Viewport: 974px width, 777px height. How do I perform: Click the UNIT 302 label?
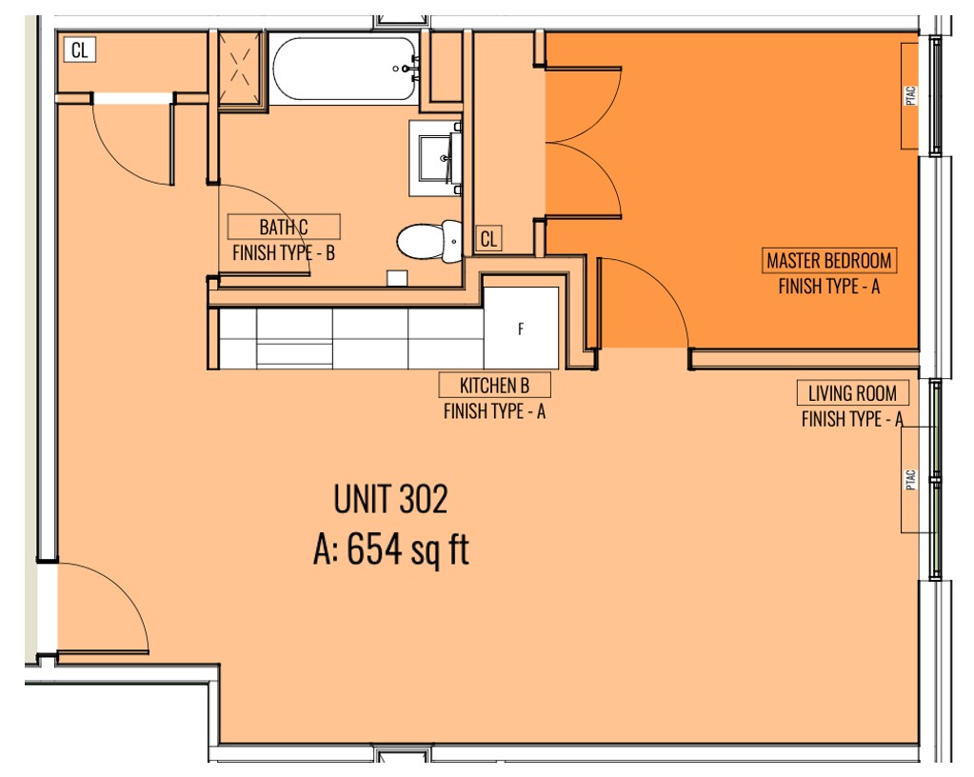click(x=390, y=499)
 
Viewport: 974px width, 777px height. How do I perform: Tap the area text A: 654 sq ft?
click(x=390, y=549)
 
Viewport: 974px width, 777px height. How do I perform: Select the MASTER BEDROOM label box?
click(x=829, y=260)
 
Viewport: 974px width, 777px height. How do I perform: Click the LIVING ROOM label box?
click(x=852, y=393)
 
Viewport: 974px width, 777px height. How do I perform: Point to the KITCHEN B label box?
click(x=494, y=385)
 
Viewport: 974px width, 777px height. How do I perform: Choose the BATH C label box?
click(x=284, y=227)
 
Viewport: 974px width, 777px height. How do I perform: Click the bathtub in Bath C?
click(x=346, y=69)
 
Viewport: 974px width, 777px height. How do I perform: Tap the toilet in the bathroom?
click(x=429, y=240)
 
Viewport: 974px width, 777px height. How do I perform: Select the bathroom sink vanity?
click(x=435, y=158)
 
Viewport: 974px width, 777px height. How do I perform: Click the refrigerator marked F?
click(x=521, y=328)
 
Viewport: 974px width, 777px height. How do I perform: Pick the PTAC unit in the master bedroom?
click(x=910, y=95)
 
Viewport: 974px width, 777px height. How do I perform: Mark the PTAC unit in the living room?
click(x=910, y=480)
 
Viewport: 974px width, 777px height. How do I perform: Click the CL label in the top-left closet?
click(x=80, y=50)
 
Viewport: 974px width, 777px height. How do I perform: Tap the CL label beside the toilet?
click(x=488, y=238)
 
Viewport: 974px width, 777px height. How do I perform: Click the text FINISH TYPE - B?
click(x=284, y=252)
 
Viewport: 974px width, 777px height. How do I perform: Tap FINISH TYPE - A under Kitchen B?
click(x=494, y=411)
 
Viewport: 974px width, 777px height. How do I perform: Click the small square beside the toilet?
click(x=397, y=278)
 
